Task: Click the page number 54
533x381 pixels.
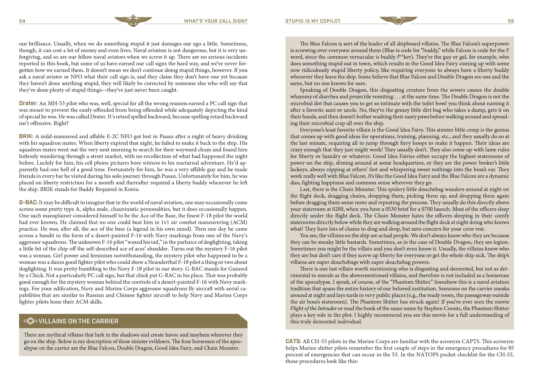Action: click(22, 21)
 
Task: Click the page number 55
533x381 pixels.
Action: click(511, 21)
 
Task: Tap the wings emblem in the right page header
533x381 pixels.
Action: click(398, 21)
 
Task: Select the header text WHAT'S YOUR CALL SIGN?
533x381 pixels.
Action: click(215, 21)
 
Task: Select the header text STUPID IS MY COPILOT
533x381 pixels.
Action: click(313, 21)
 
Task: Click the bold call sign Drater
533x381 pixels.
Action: click(28, 103)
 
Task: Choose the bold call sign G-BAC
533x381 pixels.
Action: click(28, 202)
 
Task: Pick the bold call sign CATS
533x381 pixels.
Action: click(293, 341)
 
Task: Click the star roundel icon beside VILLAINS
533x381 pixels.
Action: click(30, 321)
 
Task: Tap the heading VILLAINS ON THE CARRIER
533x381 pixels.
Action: click(78, 321)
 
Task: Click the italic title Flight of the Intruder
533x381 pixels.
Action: click(313, 308)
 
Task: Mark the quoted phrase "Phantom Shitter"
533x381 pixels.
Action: click(411, 282)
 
